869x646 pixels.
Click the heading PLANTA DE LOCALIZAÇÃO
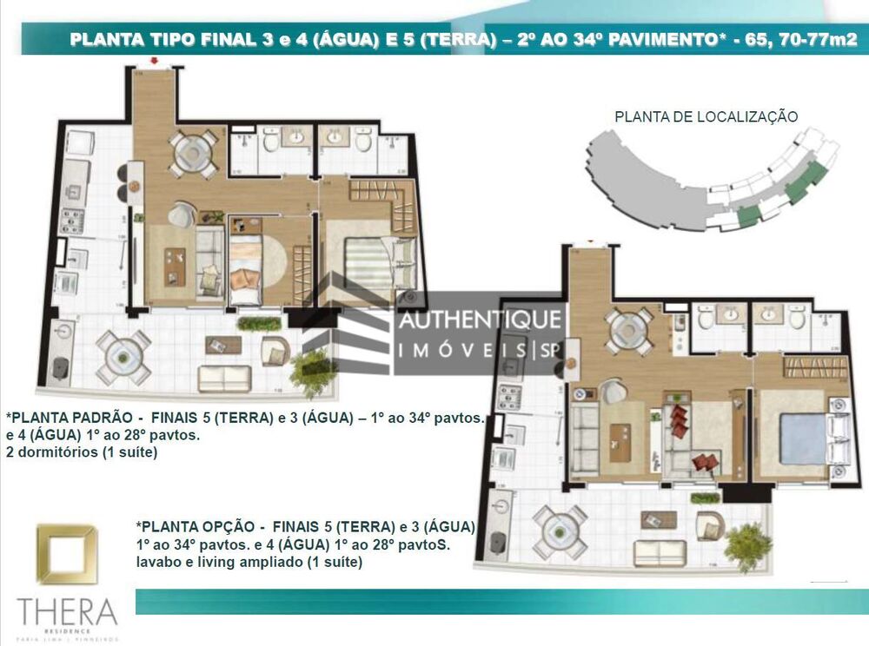point(706,116)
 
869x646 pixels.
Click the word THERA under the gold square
point(66,611)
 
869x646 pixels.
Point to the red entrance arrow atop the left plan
point(154,61)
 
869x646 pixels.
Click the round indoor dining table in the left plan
point(193,153)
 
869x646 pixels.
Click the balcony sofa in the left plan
point(224,378)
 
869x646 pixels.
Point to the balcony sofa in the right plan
point(660,552)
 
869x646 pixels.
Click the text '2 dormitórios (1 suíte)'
point(81,452)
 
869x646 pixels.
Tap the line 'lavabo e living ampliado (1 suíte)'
point(249,562)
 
